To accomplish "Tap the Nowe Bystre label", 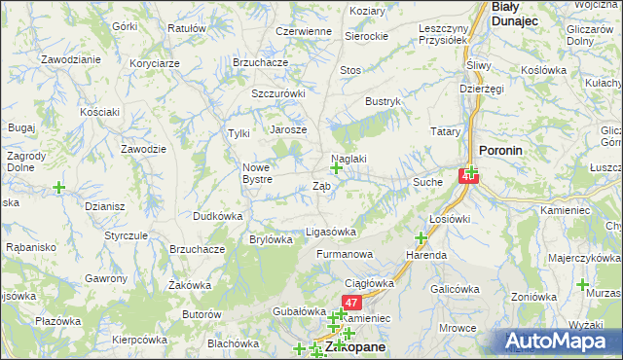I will (x=263, y=173).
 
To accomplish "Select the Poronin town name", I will (x=502, y=151).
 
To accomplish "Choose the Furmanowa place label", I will (x=345, y=254).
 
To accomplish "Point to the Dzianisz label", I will (x=104, y=206).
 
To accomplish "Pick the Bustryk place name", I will (x=383, y=101).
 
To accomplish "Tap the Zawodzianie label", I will (x=71, y=59).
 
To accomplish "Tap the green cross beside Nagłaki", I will (x=336, y=168).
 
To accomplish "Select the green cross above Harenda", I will (x=421, y=238).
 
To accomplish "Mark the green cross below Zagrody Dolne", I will (x=59, y=186).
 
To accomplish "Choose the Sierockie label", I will (x=367, y=36).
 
